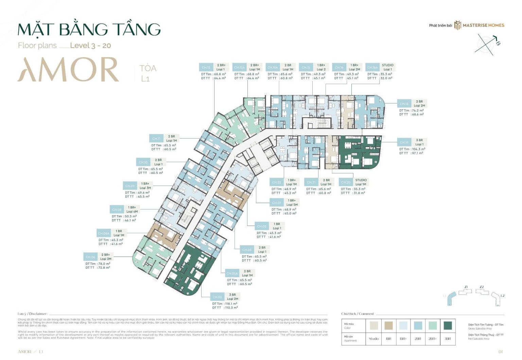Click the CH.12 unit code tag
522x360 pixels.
click(206, 67)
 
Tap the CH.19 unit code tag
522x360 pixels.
click(404, 142)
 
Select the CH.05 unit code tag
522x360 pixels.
click(217, 297)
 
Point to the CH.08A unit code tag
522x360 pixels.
click(104, 233)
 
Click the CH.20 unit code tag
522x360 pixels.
click(346, 182)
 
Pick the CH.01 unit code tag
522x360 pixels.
click(277, 203)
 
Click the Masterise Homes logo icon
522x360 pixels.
click(457, 25)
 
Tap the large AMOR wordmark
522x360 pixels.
click(68, 70)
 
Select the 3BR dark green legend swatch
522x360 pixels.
click(448, 326)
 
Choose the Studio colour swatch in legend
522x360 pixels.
click(373, 326)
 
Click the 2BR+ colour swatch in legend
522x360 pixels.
click(433, 326)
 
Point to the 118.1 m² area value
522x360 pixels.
click(231, 304)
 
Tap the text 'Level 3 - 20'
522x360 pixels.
click(90, 46)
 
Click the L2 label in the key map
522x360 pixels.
click(502, 295)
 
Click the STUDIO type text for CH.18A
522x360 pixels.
click(387, 65)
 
